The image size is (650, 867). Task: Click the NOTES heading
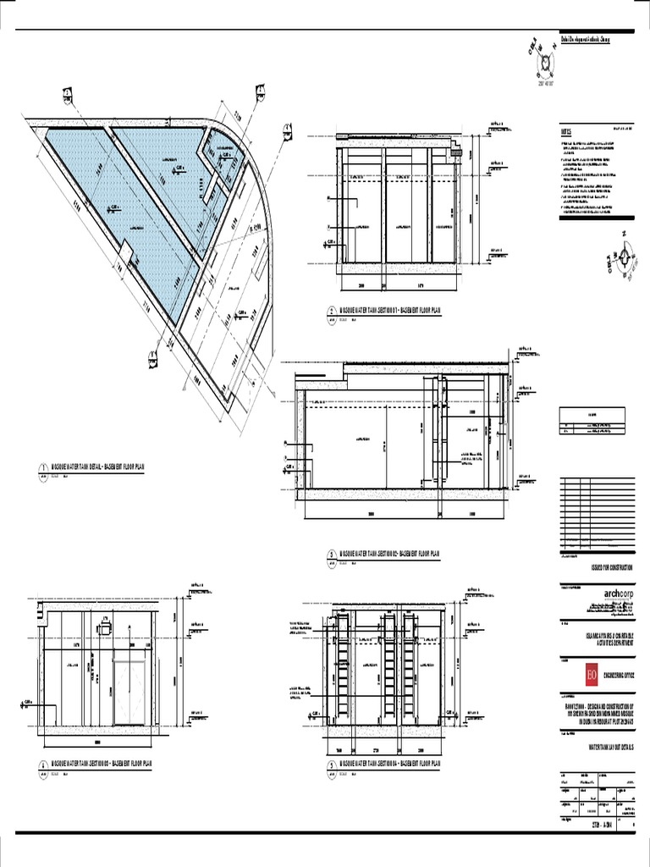point(566,133)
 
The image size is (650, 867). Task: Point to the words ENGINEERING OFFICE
point(612,675)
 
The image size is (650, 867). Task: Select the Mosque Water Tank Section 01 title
point(390,312)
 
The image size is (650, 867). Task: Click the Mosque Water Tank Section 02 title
point(390,555)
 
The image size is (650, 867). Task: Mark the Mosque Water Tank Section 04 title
point(390,763)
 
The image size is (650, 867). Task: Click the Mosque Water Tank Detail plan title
point(98,467)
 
